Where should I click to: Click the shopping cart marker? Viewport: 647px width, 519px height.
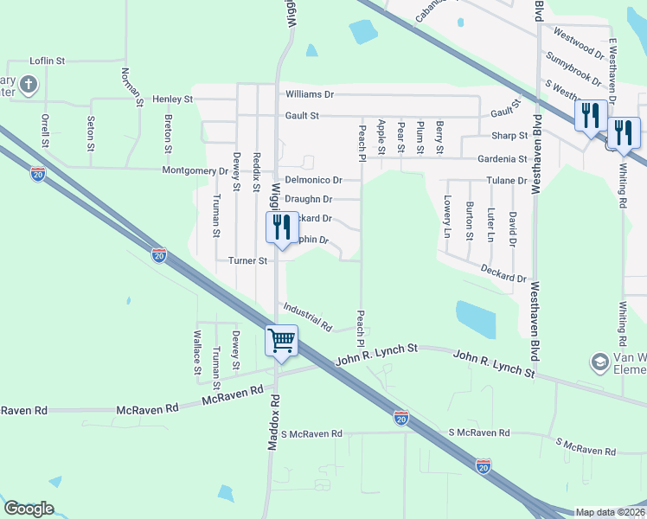(x=282, y=340)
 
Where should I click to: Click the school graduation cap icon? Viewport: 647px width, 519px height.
(x=598, y=360)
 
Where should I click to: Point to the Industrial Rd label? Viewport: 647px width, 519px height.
(x=307, y=317)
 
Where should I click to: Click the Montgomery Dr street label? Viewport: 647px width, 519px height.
(x=195, y=170)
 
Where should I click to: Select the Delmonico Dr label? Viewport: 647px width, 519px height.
(x=313, y=180)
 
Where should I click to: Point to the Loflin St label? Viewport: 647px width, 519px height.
(x=48, y=61)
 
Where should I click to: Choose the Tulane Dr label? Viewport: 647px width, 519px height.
(x=508, y=180)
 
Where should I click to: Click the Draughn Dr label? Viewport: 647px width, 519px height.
(x=309, y=199)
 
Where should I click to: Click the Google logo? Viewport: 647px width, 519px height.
(x=29, y=508)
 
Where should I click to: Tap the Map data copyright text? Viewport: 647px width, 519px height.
(x=611, y=512)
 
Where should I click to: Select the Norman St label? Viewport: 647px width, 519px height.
(x=131, y=86)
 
